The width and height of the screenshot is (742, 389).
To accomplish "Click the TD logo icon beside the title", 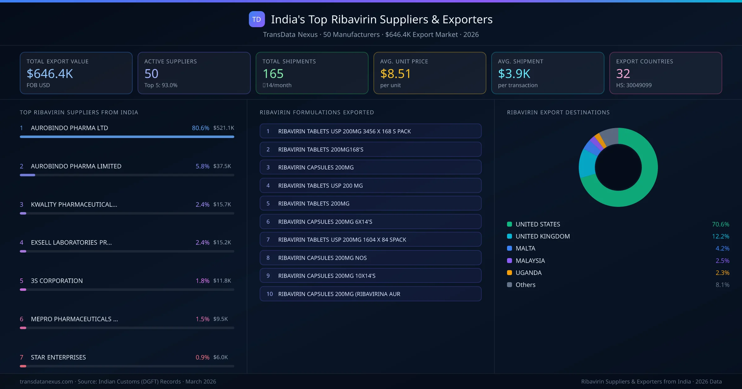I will pos(257,19).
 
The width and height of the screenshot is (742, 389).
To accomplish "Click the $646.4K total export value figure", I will pos(50,74).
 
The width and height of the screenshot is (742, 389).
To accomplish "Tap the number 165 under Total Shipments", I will pos(273,74).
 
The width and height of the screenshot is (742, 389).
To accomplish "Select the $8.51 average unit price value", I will pos(395,74).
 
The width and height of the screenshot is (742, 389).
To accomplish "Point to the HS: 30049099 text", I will pos(633,85).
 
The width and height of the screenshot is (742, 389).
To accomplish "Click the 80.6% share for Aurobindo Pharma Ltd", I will pos(200,128).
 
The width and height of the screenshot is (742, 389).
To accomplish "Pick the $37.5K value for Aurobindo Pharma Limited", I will pos(222,166).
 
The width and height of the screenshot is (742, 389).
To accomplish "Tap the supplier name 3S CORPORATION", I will pos(57,281).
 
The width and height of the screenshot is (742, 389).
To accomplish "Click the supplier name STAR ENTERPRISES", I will pos(58,357).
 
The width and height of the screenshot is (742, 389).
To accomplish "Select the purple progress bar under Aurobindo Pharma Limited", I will pos(28,175).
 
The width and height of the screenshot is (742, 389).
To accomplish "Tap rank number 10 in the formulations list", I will pos(270,294).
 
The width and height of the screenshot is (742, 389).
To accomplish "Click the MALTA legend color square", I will pos(510,248).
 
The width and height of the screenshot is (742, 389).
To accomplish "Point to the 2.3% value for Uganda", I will pos(722,273).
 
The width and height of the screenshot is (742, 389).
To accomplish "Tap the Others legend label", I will pos(525,285).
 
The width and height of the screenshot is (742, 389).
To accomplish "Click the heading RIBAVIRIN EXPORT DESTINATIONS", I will pos(558,112).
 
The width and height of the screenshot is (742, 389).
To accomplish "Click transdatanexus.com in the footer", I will pos(46,382).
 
